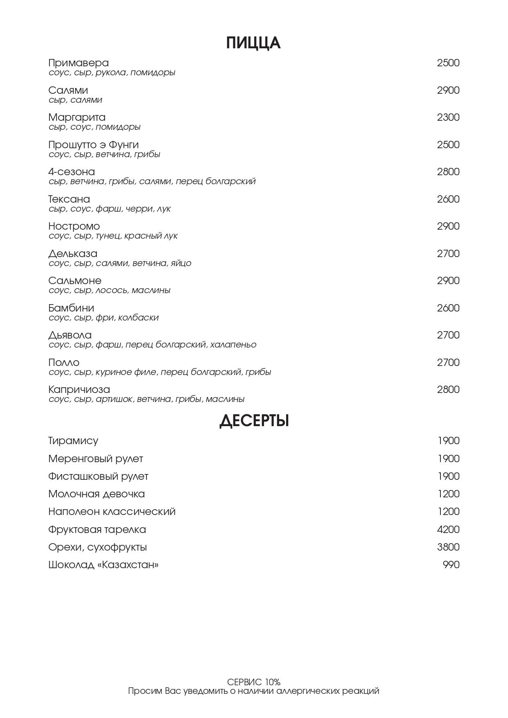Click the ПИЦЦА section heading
(253, 43)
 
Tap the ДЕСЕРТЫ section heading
(254, 421)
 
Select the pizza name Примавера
(79, 63)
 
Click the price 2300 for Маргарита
(448, 117)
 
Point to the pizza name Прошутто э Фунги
(93, 145)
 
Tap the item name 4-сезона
(72, 172)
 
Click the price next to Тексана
(448, 199)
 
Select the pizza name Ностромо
(74, 226)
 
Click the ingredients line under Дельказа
(120, 263)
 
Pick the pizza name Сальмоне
(75, 281)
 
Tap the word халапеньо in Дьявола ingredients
(233, 345)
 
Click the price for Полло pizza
(448, 363)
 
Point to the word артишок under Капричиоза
(114, 399)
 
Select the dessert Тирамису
(73, 441)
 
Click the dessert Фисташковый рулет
(98, 476)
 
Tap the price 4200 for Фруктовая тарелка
(448, 530)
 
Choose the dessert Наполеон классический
(112, 512)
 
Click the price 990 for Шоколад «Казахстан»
(451, 565)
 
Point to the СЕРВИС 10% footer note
(254, 682)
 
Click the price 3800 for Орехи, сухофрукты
(448, 547)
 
